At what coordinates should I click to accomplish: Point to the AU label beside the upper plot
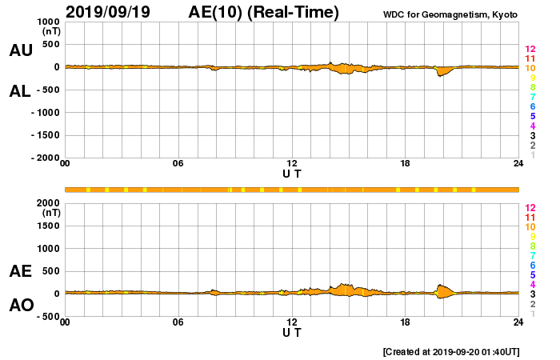[x=21, y=50]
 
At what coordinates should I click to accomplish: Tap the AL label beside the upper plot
[x=20, y=91]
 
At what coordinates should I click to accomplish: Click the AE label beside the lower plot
[x=21, y=271]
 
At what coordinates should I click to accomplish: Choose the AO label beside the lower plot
[x=21, y=306]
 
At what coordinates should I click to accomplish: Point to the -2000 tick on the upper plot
[x=45, y=158]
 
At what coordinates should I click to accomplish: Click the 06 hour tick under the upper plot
[x=178, y=164]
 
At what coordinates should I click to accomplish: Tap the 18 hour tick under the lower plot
[x=406, y=322]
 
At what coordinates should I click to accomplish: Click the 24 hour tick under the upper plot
[x=518, y=164]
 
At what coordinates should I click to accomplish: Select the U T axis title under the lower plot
[x=292, y=331]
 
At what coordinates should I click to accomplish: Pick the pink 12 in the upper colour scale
[x=530, y=50]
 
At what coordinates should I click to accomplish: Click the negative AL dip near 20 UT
[x=440, y=74]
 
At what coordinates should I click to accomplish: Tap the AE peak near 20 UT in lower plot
[x=440, y=285]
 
